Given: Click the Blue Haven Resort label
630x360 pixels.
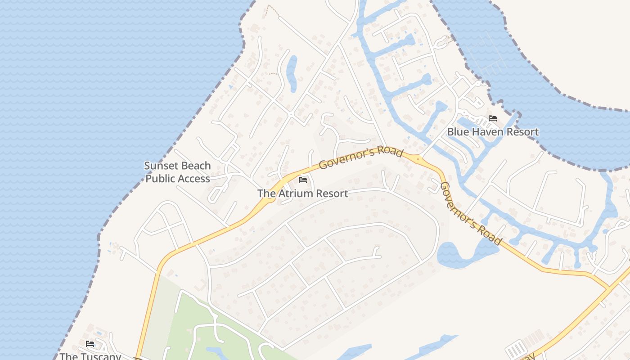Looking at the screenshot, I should pyautogui.click(x=493, y=132).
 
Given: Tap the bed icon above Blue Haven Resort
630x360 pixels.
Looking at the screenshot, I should pyautogui.click(x=493, y=119).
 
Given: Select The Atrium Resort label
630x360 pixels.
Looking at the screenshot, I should pyautogui.click(x=302, y=193).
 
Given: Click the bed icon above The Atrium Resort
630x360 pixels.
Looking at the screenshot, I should pyautogui.click(x=303, y=180).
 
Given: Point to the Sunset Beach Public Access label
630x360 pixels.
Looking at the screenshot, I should pyautogui.click(x=177, y=172).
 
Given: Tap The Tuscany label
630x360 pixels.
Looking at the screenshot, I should pyautogui.click(x=90, y=356).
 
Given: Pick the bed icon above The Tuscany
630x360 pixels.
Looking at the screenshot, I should pyautogui.click(x=90, y=344).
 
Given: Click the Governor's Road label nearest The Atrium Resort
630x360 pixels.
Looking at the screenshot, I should pyautogui.click(x=360, y=158).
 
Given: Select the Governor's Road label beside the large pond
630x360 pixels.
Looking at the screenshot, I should pyautogui.click(x=470, y=213).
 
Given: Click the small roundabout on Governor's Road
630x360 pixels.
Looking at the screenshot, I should pyautogui.click(x=418, y=158).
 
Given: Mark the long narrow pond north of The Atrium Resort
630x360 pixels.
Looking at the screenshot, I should pyautogui.click(x=292, y=73).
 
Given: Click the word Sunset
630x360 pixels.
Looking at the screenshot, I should pyautogui.click(x=159, y=166).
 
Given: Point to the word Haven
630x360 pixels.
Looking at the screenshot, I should pyautogui.click(x=485, y=132).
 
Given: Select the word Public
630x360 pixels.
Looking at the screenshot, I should pyautogui.click(x=159, y=179).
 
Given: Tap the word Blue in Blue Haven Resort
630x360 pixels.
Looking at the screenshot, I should pyautogui.click(x=457, y=132).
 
